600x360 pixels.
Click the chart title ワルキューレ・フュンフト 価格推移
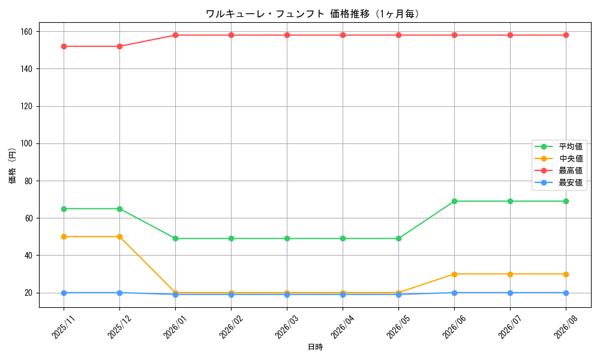point(287,14)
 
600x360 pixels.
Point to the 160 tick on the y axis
point(27,31)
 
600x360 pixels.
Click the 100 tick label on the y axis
point(27,143)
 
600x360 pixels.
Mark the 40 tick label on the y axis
point(29,256)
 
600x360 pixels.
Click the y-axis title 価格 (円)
point(12,165)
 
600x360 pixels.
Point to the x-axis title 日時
point(316,347)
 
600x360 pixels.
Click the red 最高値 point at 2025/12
point(120,46)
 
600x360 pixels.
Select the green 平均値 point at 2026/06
point(455,201)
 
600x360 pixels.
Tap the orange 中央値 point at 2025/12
point(120,237)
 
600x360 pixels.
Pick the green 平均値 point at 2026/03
point(287,239)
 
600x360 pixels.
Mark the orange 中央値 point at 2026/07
point(510,274)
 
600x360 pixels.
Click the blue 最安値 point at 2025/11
point(64,293)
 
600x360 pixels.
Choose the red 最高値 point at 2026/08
point(566,35)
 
